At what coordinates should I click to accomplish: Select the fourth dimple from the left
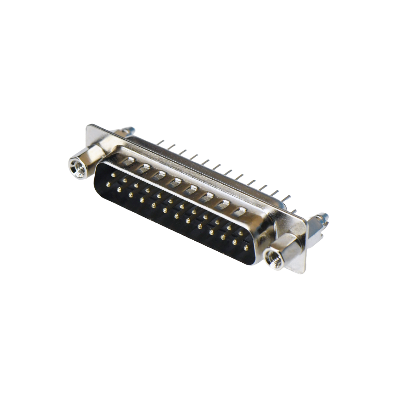click(175, 183)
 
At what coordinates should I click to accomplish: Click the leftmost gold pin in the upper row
click(113, 175)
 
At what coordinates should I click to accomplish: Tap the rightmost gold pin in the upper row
click(241, 234)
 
